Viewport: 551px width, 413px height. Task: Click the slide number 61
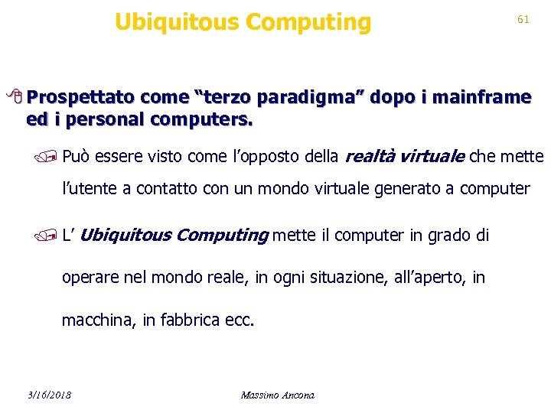[x=523, y=20]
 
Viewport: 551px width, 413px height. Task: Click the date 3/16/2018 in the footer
[x=48, y=395]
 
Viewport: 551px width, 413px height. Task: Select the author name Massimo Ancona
[x=277, y=395]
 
